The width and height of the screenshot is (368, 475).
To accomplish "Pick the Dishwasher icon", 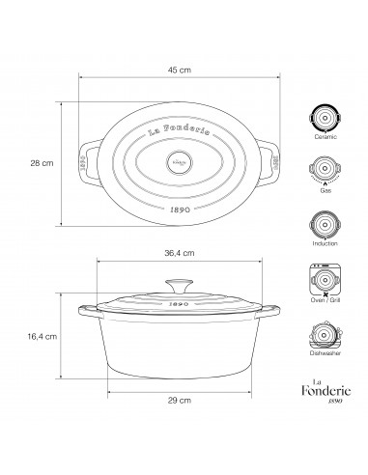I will (324, 338).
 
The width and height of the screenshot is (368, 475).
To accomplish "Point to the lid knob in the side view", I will (176, 285).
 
